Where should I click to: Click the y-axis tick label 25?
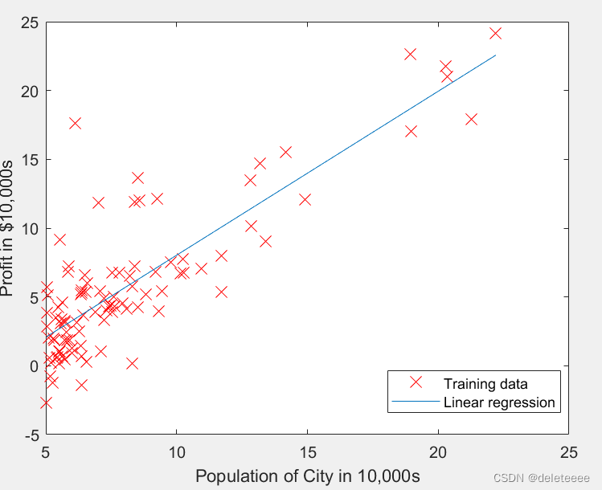30,23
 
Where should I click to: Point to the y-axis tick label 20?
30,92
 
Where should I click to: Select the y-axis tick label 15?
30,160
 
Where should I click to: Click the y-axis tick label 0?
35,366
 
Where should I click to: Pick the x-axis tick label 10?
177,453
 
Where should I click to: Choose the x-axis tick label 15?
307,453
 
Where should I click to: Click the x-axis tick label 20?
438,453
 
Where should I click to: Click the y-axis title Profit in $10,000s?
7,228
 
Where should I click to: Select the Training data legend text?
485,384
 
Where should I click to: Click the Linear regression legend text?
499,402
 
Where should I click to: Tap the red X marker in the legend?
416,382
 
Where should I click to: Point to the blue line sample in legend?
416,402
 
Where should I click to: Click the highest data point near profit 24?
496,34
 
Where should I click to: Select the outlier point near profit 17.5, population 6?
76,124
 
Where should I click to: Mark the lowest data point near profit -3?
46,403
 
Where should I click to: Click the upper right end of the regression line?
496,55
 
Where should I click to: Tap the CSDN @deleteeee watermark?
542,478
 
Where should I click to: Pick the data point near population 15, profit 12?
305,199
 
